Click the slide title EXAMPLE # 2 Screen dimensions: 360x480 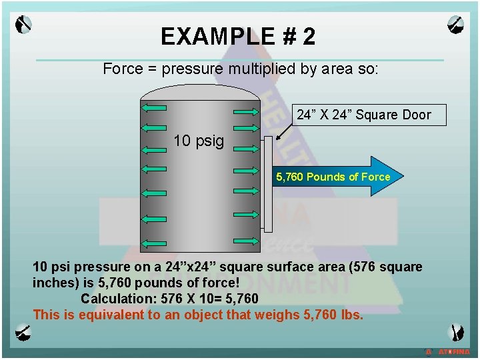point(238,37)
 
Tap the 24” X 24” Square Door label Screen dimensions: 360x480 point(363,115)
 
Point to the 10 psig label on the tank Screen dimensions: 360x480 point(199,141)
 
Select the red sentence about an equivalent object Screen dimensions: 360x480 point(198,315)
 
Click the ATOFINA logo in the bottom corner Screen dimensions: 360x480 point(450,351)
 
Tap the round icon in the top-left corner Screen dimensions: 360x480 point(23,25)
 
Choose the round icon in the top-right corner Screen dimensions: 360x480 point(457,25)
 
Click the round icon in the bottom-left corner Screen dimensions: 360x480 point(23,331)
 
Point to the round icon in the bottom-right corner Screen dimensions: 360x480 point(457,331)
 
